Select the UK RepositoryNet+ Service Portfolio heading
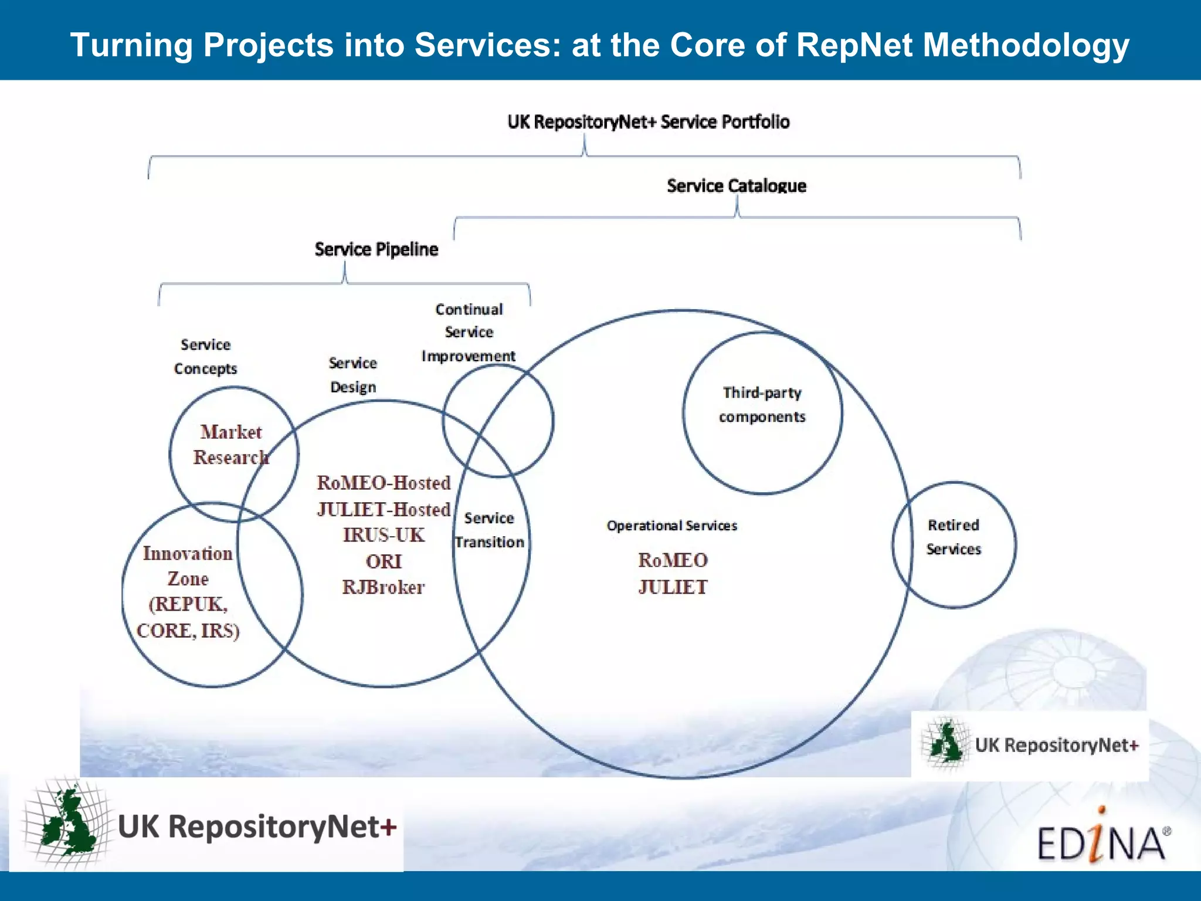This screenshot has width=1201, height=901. click(x=648, y=122)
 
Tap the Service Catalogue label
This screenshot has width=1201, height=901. click(x=736, y=186)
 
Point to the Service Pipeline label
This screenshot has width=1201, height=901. click(x=376, y=249)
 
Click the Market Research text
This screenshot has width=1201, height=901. click(x=231, y=445)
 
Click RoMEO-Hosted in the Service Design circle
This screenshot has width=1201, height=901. click(x=384, y=483)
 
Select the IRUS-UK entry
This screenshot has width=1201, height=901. click(x=384, y=535)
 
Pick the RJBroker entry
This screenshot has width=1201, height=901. click(x=384, y=587)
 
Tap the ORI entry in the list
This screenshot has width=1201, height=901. click(x=384, y=561)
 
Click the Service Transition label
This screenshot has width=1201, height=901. click(x=489, y=530)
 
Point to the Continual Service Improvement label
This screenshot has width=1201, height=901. click(x=469, y=333)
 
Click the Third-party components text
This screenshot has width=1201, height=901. click(x=762, y=405)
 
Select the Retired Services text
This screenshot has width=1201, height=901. click(x=953, y=537)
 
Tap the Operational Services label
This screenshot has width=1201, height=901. click(x=671, y=526)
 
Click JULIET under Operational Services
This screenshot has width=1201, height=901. click(x=673, y=587)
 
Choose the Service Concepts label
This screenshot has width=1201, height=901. click(x=205, y=357)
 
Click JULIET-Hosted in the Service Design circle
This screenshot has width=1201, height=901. click(x=384, y=509)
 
